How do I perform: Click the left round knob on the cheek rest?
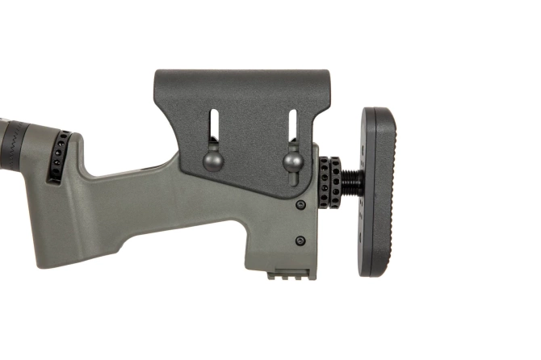(x=212, y=160)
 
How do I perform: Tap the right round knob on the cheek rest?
(x=292, y=161)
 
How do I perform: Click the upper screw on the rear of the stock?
(x=301, y=206)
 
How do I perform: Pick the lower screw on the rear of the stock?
(x=300, y=241)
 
